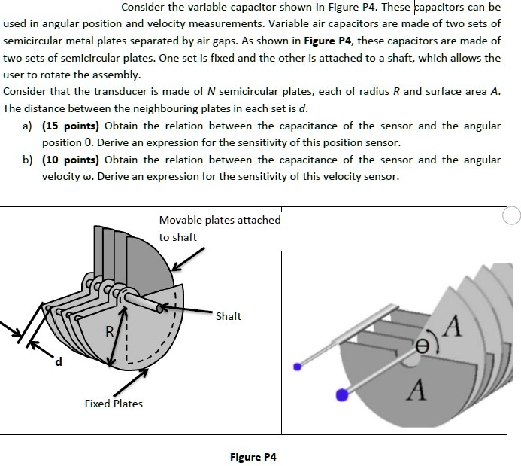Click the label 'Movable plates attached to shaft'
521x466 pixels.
click(220, 228)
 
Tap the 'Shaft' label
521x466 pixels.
click(228, 316)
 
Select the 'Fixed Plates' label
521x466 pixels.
click(114, 404)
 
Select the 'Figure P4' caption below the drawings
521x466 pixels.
click(253, 457)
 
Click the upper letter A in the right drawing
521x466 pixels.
click(453, 328)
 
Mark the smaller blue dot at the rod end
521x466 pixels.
click(298, 367)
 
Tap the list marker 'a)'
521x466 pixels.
click(29, 126)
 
